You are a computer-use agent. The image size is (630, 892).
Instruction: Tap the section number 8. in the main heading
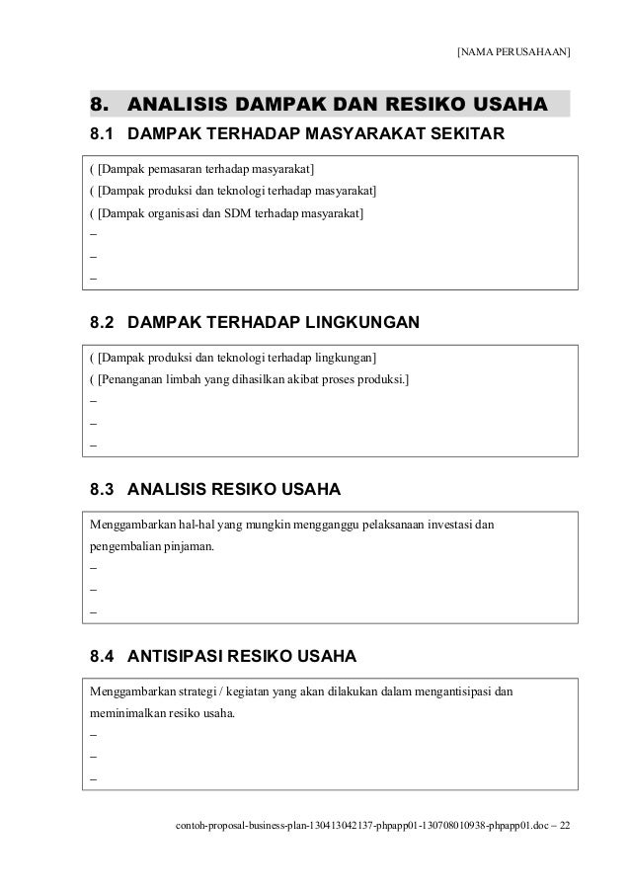click(x=99, y=105)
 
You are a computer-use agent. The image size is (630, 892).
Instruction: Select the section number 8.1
click(x=103, y=132)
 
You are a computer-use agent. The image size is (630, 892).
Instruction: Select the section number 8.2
click(x=103, y=322)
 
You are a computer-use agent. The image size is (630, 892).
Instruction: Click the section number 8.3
click(x=103, y=489)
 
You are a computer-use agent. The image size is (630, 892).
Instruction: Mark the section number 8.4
click(x=103, y=657)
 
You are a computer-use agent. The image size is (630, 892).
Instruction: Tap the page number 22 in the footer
click(x=564, y=825)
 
